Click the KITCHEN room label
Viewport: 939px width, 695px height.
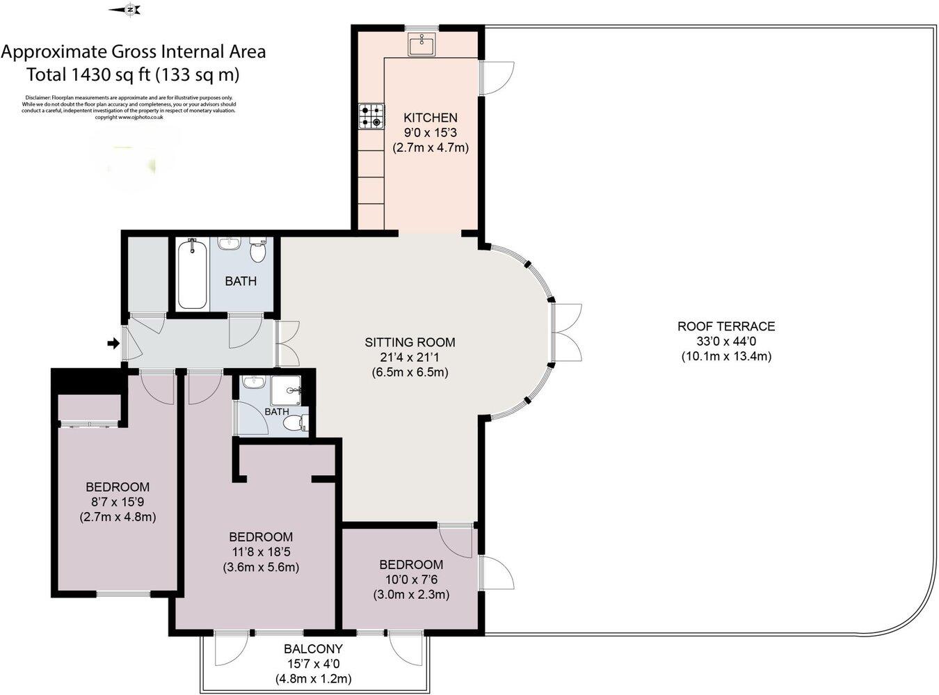(431, 118)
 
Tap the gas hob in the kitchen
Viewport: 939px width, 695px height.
(371, 116)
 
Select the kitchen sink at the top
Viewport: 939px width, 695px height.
(422, 45)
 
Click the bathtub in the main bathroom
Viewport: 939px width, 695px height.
(191, 274)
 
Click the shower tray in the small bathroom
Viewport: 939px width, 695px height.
(287, 390)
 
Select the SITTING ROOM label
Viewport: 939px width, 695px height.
(410, 342)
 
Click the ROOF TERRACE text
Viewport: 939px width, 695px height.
(725, 326)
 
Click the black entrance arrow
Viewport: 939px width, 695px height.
(112, 343)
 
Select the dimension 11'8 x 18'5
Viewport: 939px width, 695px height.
(261, 552)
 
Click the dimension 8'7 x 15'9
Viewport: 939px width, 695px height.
(118, 502)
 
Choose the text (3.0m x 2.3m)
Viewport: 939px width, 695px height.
(410, 594)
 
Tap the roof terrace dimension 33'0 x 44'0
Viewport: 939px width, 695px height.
(725, 341)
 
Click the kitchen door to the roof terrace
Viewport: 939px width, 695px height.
(498, 77)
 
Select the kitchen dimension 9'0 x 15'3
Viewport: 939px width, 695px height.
(431, 132)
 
